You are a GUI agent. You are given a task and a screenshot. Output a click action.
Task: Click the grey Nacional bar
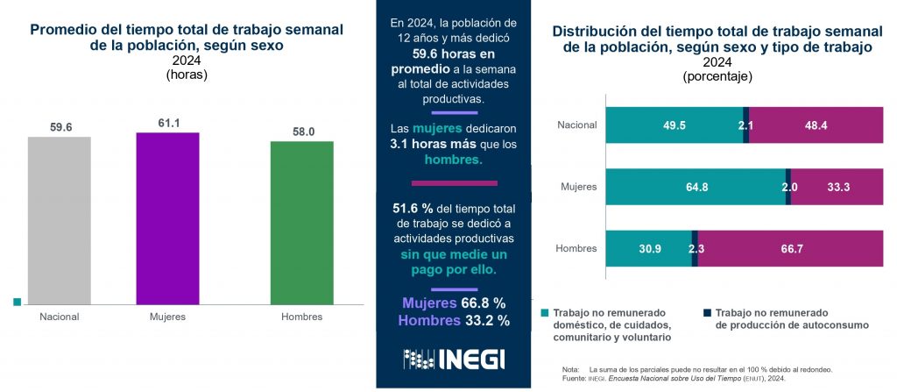click(x=59, y=218)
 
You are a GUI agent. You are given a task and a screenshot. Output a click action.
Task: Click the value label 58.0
click(x=301, y=132)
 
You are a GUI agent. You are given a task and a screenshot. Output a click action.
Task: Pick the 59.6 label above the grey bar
click(x=60, y=127)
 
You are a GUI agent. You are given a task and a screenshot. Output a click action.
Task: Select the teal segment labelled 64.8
click(x=696, y=187)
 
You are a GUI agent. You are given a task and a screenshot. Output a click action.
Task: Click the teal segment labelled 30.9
click(x=648, y=249)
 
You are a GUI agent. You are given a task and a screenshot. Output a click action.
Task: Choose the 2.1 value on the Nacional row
click(x=746, y=125)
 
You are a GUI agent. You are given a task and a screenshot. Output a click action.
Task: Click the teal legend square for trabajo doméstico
click(x=545, y=313)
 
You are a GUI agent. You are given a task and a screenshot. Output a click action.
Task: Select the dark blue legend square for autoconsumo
click(x=707, y=313)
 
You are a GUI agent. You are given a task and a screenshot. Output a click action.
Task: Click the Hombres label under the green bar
click(x=301, y=317)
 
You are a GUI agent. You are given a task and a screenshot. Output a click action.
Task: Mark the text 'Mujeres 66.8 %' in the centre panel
click(x=454, y=303)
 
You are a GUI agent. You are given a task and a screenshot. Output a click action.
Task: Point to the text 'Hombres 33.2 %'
click(x=454, y=320)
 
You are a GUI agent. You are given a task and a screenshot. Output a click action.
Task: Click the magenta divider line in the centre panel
click(x=454, y=183)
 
